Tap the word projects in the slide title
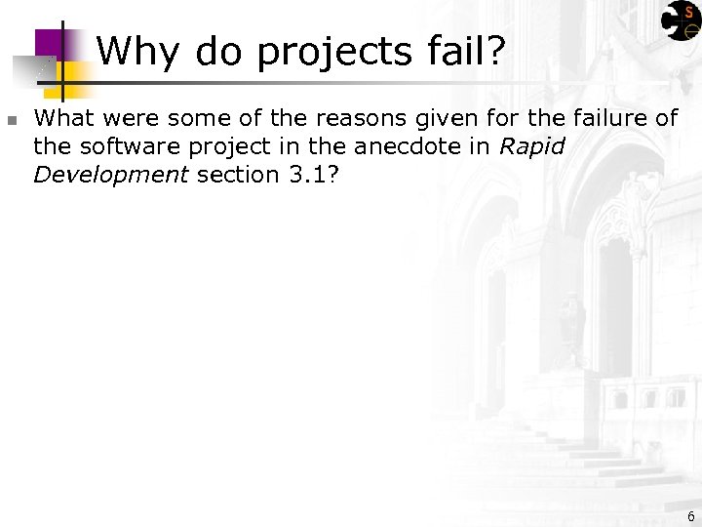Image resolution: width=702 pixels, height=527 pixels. (x=333, y=51)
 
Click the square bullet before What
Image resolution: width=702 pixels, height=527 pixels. (x=12, y=121)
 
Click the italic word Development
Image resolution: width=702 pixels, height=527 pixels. (x=110, y=176)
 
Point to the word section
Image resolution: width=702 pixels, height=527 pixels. (x=237, y=175)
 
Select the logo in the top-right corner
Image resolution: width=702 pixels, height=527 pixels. (x=681, y=20)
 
